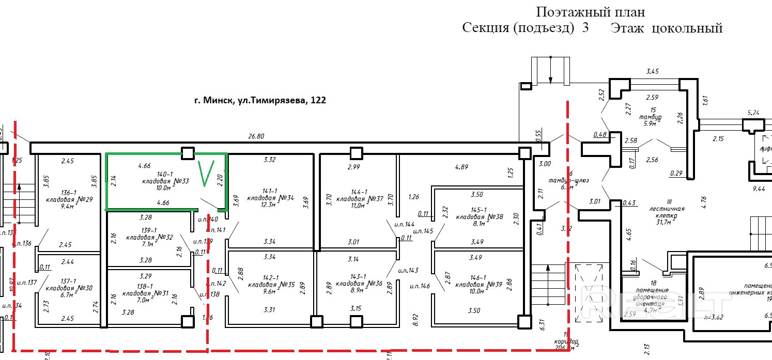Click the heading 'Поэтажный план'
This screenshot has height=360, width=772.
tap(590, 12)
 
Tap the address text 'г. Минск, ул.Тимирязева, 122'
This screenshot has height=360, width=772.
tap(260, 101)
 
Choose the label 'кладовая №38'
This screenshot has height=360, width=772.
tap(479, 217)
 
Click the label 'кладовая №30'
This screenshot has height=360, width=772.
tap(69, 287)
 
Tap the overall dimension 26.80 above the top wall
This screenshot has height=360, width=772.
tap(256, 137)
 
